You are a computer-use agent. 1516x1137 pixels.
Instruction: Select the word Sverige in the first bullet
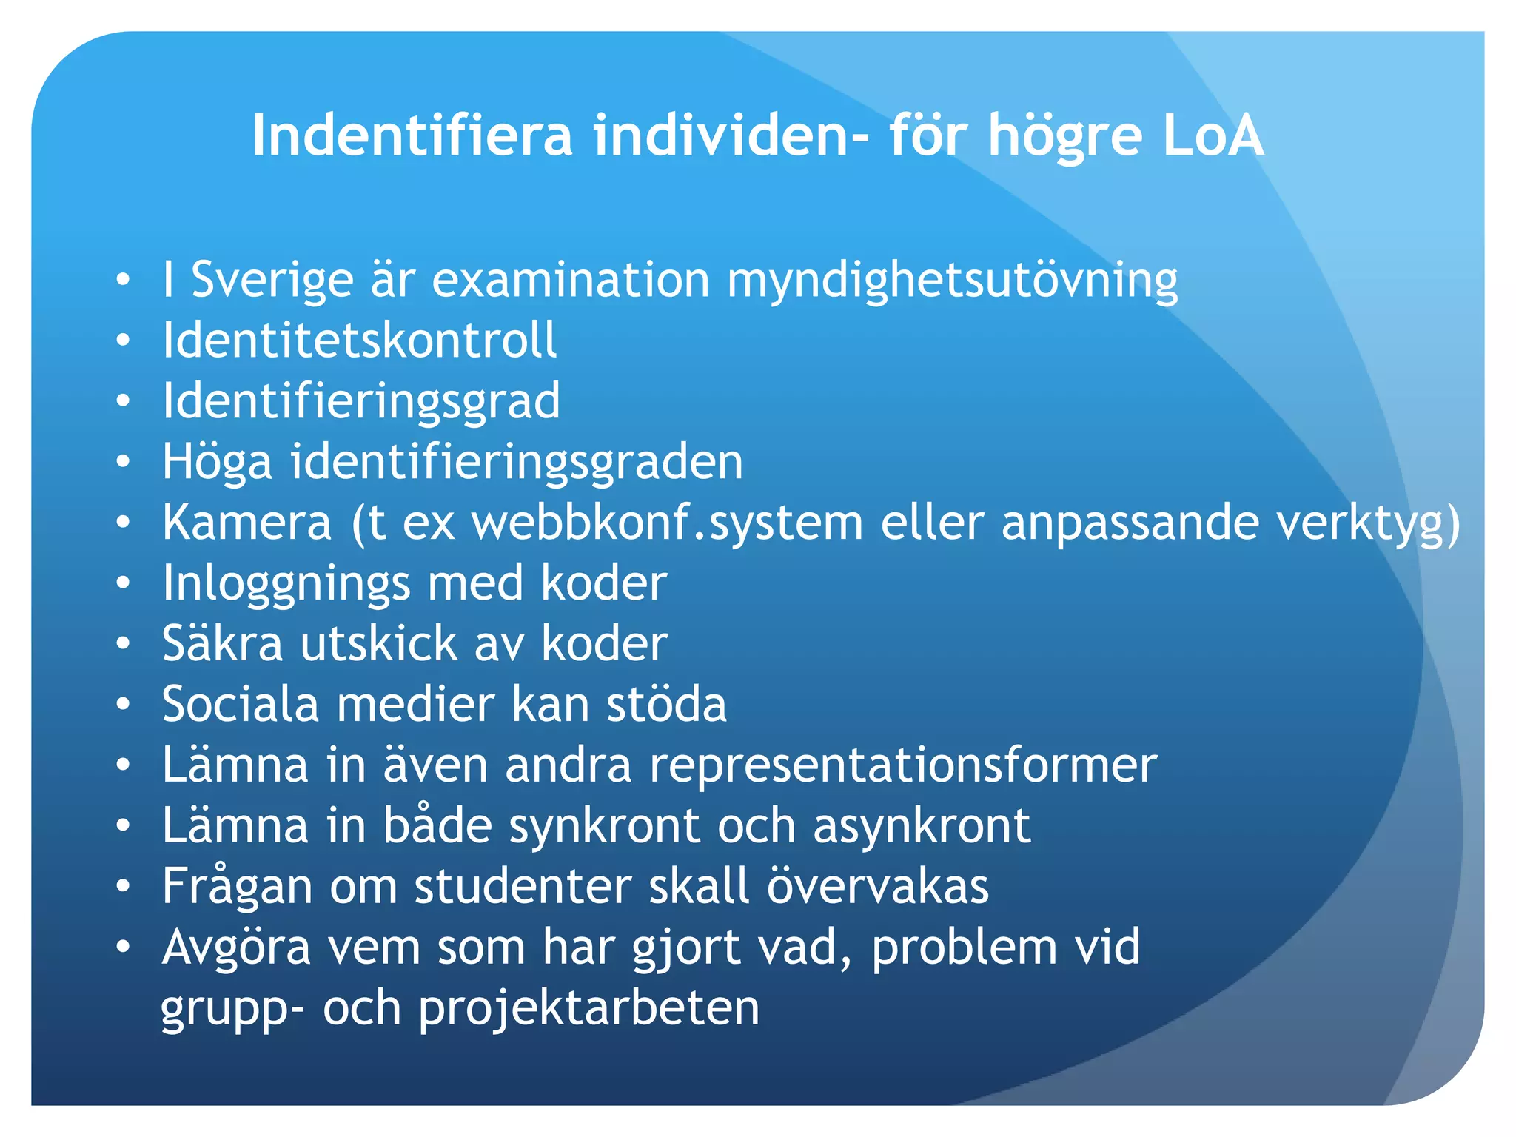click(272, 281)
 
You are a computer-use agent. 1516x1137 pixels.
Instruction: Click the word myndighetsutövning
click(952, 281)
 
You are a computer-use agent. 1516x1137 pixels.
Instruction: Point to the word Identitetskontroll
click(359, 341)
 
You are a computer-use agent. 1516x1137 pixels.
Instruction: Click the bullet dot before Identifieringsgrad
click(123, 401)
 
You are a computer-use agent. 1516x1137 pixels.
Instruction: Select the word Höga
click(217, 462)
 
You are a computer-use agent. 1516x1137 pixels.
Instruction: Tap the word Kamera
click(246, 523)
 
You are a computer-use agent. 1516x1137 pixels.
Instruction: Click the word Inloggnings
click(286, 583)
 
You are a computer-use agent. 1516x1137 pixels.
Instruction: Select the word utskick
click(378, 643)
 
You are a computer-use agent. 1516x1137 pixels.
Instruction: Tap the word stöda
click(666, 704)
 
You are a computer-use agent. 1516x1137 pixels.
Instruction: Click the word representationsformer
click(903, 765)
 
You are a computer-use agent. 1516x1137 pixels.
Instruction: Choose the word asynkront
click(922, 825)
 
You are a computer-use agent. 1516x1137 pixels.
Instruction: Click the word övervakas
click(877, 886)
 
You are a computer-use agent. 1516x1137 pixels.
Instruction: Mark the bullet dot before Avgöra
click(123, 947)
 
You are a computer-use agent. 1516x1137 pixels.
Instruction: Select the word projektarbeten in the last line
click(588, 1008)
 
